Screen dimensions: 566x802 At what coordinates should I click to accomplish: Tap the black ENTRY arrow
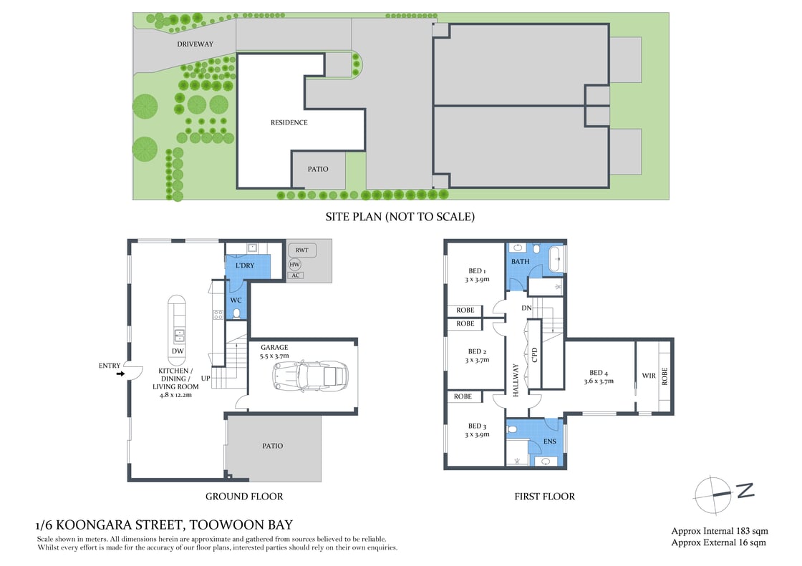click(x=120, y=373)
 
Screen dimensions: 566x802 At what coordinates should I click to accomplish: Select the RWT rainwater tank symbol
click(x=301, y=250)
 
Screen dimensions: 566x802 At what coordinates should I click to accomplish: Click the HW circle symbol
click(x=294, y=264)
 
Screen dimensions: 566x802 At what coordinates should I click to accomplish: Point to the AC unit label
click(x=295, y=275)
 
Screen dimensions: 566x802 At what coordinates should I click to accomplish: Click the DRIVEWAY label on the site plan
click(x=195, y=44)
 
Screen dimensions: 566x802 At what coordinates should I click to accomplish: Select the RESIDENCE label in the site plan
click(x=289, y=122)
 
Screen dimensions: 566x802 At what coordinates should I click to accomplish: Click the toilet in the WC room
click(x=236, y=312)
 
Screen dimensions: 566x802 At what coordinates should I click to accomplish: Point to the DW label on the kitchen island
click(x=176, y=351)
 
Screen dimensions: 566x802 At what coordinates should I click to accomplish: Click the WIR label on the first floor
click(x=649, y=375)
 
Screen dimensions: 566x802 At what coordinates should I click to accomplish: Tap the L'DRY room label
click(x=245, y=265)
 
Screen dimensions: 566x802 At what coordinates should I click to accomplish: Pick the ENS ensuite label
click(x=549, y=441)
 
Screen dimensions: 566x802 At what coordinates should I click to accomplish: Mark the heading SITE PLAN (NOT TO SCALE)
click(x=400, y=216)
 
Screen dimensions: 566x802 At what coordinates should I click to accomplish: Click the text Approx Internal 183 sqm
click(x=719, y=531)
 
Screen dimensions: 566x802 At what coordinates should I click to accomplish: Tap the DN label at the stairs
click(x=526, y=308)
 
